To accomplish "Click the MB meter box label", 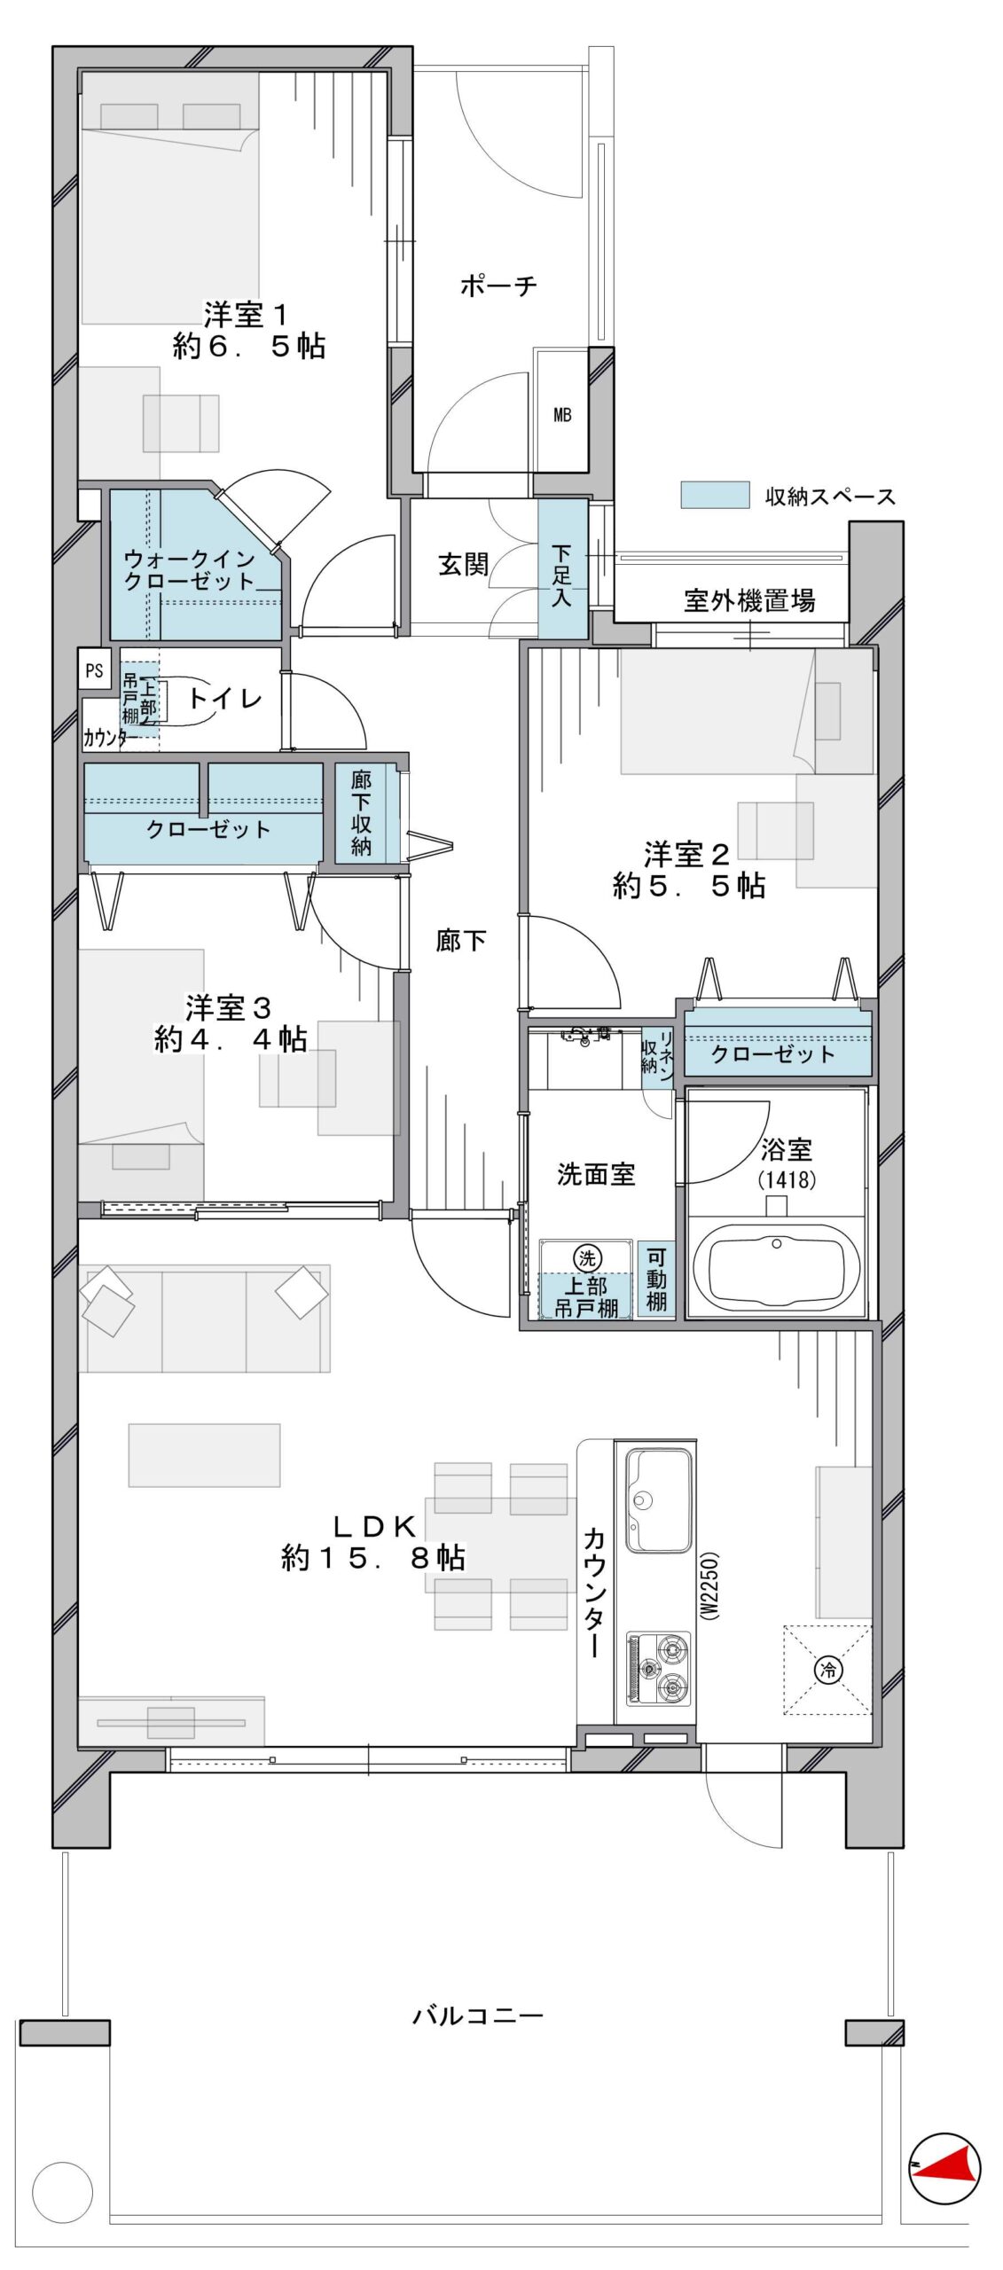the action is click(x=562, y=414).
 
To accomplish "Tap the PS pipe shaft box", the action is click(x=94, y=670).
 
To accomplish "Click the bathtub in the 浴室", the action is click(x=776, y=1269).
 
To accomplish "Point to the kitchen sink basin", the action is click(x=659, y=1500).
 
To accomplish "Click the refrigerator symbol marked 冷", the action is click(x=828, y=1670).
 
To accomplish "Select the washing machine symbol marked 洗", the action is click(x=587, y=1257).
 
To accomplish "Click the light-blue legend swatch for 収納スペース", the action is click(x=715, y=495).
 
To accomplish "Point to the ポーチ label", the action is click(x=498, y=286).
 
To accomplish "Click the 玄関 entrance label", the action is click(x=463, y=564).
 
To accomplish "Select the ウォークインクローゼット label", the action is click(x=191, y=570).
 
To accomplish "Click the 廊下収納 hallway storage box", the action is click(x=361, y=813).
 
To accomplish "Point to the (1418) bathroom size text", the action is click(x=787, y=1179).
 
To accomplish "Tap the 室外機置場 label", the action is click(x=749, y=600).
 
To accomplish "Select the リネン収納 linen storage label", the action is click(x=657, y=1052).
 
